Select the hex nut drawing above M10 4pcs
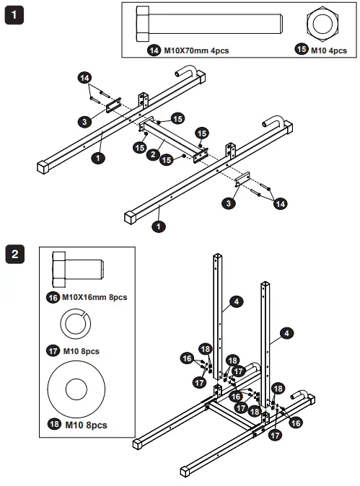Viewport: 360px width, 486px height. coord(322,25)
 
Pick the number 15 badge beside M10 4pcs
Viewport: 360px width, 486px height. coord(302,51)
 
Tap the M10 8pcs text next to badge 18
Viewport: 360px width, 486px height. coord(86,425)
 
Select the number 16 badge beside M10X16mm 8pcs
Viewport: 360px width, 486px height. coord(51,296)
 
